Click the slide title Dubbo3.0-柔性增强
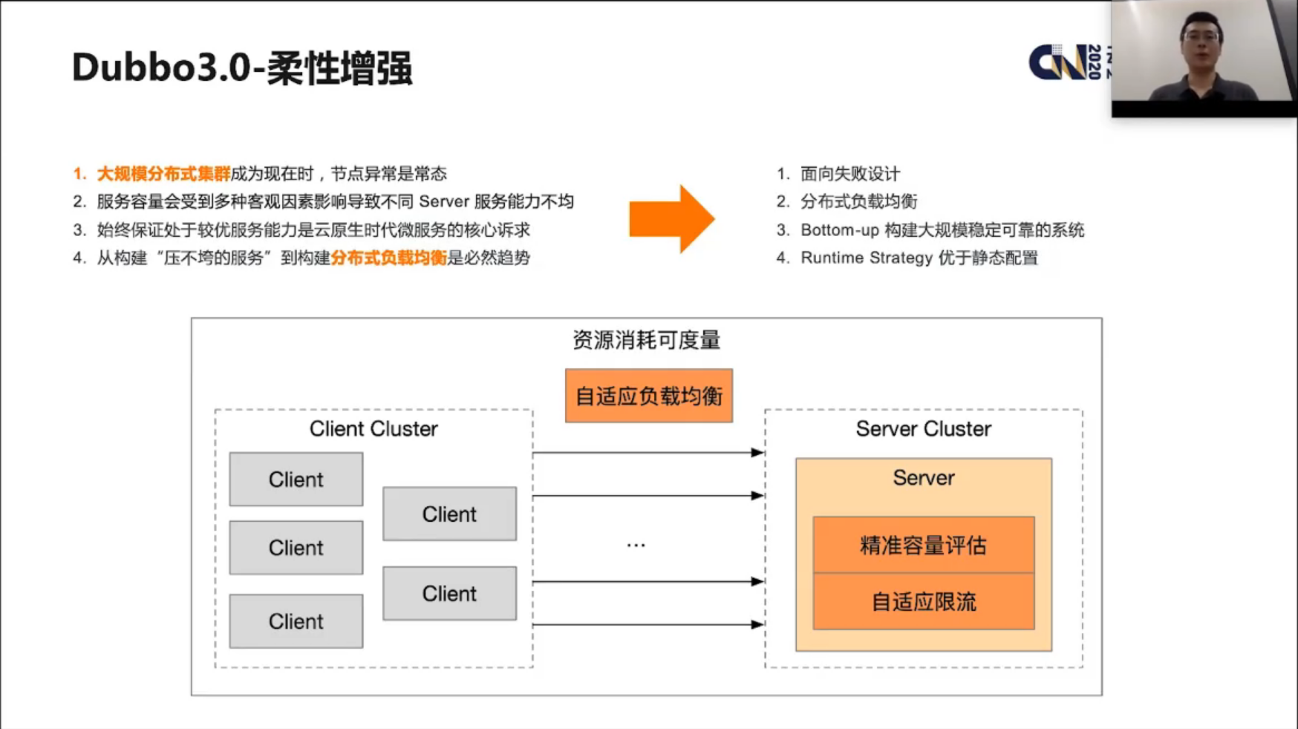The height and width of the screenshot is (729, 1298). coord(242,68)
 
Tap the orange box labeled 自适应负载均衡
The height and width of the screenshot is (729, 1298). coord(648,396)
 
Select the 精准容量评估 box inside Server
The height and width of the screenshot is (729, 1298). coord(923,546)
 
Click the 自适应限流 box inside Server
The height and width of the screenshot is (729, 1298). coord(923,602)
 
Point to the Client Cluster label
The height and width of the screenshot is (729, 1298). coord(374,429)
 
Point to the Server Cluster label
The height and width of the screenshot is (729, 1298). coord(923,429)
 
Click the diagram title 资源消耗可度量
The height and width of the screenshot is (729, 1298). coord(646,341)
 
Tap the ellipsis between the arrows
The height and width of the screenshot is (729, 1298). coord(636,546)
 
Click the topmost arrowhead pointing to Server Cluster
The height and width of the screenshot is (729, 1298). coord(757,452)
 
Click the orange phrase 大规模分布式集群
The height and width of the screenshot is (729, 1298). coord(163,174)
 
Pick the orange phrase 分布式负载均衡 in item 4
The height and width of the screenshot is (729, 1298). coord(388,258)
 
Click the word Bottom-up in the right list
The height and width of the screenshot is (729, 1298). coord(839,230)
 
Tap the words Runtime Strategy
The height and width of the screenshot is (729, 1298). coord(866,258)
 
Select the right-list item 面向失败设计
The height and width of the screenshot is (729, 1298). coord(849,174)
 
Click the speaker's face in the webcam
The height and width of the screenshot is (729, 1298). coord(1201,41)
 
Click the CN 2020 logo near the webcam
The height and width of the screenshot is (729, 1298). coord(1066,62)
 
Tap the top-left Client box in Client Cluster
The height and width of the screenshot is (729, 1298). coord(296,480)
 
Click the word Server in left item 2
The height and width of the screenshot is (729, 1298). coord(444,202)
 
